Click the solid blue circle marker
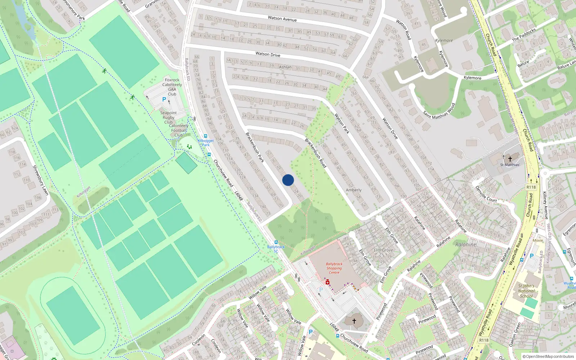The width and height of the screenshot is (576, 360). pyautogui.click(x=288, y=180)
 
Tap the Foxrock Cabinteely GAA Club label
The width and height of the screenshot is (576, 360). pyautogui.click(x=172, y=87)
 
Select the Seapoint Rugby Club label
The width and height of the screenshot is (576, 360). pyautogui.click(x=168, y=117)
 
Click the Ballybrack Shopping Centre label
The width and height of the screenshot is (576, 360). pyautogui.click(x=334, y=268)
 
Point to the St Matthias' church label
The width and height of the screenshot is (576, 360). pyautogui.click(x=510, y=165)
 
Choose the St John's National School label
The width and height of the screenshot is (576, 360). pyautogui.click(x=526, y=291)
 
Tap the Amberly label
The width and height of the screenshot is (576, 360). pyautogui.click(x=354, y=190)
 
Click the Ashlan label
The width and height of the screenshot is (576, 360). pyautogui.click(x=285, y=67)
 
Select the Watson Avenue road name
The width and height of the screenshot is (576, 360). pyautogui.click(x=282, y=18)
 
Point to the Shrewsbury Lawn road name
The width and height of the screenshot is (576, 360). pyautogui.click(x=40, y=180)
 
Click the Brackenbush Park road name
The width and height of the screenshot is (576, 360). pyautogui.click(x=255, y=147)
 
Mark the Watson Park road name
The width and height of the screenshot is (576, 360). pyautogui.click(x=342, y=124)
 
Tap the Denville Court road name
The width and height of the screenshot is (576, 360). pyautogui.click(x=486, y=194)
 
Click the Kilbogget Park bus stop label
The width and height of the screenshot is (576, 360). pyautogui.click(x=206, y=143)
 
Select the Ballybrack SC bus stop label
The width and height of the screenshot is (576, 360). pyautogui.click(x=276, y=248)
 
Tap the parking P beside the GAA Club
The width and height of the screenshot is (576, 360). pyautogui.click(x=164, y=99)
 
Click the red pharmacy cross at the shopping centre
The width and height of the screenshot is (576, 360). pyautogui.click(x=328, y=283)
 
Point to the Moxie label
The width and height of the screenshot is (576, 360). pyautogui.click(x=537, y=240)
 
